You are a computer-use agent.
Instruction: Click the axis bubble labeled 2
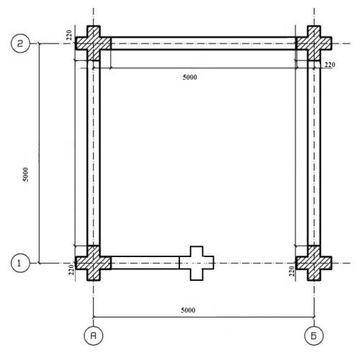[x=20, y=43]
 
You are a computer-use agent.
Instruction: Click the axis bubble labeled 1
[x=20, y=263]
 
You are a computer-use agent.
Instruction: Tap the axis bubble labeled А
[x=94, y=336]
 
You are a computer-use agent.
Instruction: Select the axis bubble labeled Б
[x=314, y=336]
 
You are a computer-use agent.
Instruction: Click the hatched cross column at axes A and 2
[x=94, y=43]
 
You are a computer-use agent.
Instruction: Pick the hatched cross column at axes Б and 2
[x=314, y=43]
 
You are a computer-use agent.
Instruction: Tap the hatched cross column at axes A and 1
[x=94, y=263]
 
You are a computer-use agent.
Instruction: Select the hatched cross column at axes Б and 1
[x=314, y=263]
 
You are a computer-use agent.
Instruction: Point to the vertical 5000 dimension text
[x=25, y=174]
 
